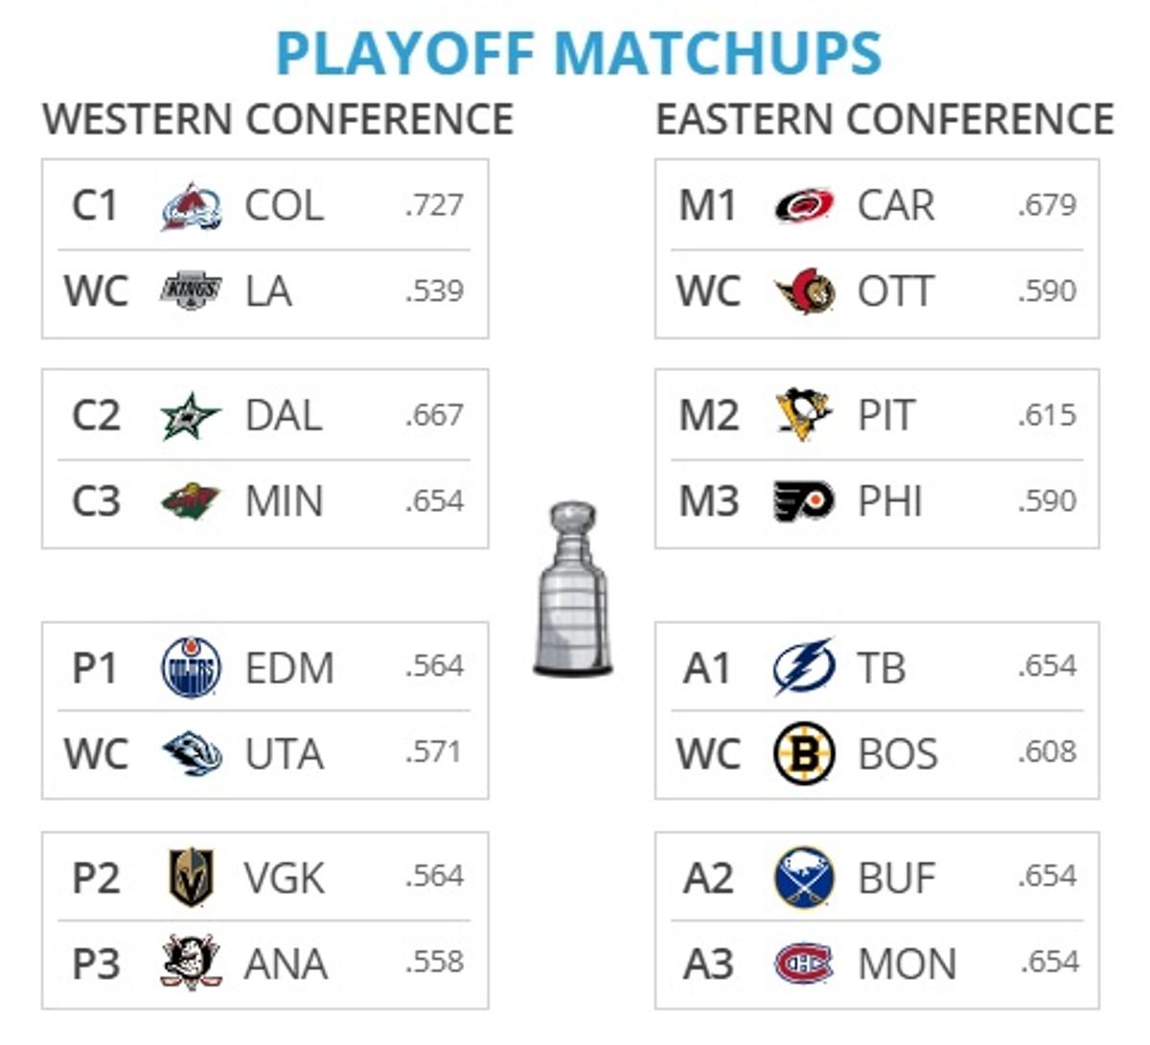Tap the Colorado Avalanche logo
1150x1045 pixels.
tap(191, 206)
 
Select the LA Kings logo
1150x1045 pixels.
tap(191, 291)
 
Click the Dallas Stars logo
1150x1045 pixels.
tap(190, 416)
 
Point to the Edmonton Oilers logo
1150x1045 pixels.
tap(191, 667)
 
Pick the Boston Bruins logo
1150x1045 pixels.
tap(804, 754)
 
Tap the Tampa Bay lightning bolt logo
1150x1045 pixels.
tap(803, 667)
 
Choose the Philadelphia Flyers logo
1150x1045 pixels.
tap(803, 501)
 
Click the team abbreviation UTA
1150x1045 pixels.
tap(284, 755)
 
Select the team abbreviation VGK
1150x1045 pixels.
tap(284, 878)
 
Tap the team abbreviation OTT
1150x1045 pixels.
tap(895, 291)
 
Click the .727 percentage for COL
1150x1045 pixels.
tap(434, 205)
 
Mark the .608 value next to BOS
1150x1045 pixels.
tap(1047, 753)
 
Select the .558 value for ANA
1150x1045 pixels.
tap(434, 963)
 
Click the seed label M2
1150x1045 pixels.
tap(708, 416)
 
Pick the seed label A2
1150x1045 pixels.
tap(708, 878)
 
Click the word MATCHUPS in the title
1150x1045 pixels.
tap(718, 54)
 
